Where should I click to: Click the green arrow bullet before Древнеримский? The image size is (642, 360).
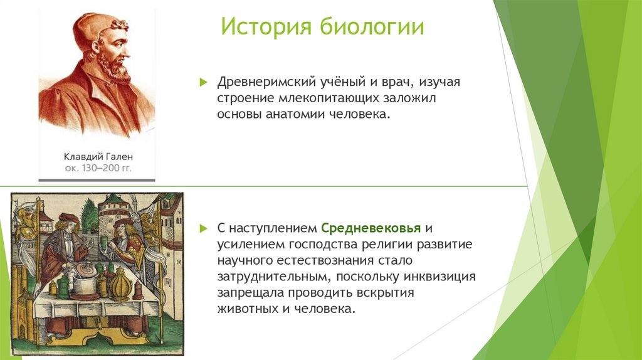tap(203, 83)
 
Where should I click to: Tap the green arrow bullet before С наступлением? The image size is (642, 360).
tap(203, 227)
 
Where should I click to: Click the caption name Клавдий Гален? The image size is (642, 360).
tap(98, 156)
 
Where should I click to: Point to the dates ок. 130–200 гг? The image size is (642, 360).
tap(98, 168)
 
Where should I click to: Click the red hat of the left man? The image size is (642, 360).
tap(68, 218)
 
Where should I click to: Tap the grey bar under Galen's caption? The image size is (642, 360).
tap(97, 180)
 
